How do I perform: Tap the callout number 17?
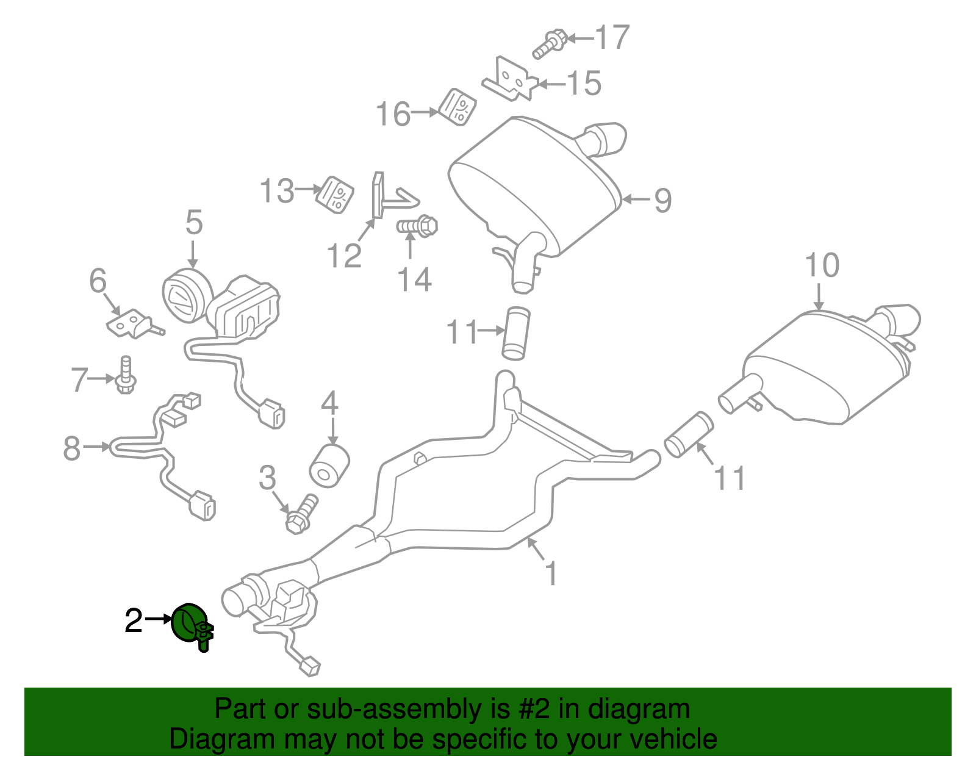click(611, 37)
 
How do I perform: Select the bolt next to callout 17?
click(550, 43)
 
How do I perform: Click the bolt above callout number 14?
click(418, 226)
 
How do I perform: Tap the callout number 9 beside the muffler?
click(662, 200)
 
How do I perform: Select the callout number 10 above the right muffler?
click(822, 265)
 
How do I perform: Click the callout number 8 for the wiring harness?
click(72, 448)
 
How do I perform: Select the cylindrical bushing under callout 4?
click(329, 466)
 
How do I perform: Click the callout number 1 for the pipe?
click(551, 573)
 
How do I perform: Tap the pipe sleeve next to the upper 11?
click(516, 333)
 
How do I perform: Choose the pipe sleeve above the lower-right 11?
click(688, 434)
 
